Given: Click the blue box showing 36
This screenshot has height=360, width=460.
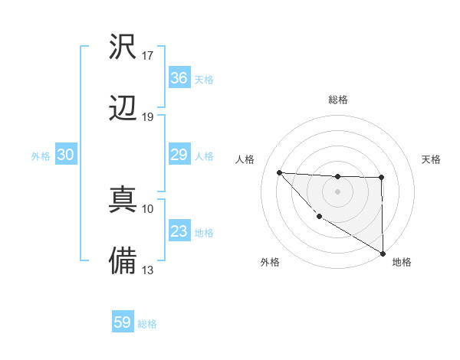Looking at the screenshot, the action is coord(179,78).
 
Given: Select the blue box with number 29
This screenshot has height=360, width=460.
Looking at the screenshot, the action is coord(179,155).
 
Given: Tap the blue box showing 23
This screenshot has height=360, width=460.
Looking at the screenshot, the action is coord(179,232).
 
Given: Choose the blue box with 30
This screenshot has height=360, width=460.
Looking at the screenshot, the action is coord(66,155).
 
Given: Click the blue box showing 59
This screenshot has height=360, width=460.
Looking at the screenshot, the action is coord(123,322).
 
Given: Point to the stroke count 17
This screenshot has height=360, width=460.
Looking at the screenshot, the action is coord(148,55).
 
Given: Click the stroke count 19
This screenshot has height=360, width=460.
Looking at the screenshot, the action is coord(148,116).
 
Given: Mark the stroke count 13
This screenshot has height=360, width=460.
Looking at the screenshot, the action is coord(148,270).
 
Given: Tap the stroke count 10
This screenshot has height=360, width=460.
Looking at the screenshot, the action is coord(148,208).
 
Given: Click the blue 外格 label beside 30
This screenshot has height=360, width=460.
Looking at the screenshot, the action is coord(41,155).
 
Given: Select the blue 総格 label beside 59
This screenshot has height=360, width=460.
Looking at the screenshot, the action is coord(147,323).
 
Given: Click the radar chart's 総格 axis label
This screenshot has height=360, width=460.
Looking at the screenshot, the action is coord(338,100).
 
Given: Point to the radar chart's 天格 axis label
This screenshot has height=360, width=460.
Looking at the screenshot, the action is coord(432,159).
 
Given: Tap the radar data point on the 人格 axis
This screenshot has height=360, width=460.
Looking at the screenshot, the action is coord(279,172).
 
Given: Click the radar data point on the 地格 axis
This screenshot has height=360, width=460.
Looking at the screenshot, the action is coord(383,254).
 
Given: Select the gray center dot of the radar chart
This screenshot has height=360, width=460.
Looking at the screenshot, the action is coord(337,191).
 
